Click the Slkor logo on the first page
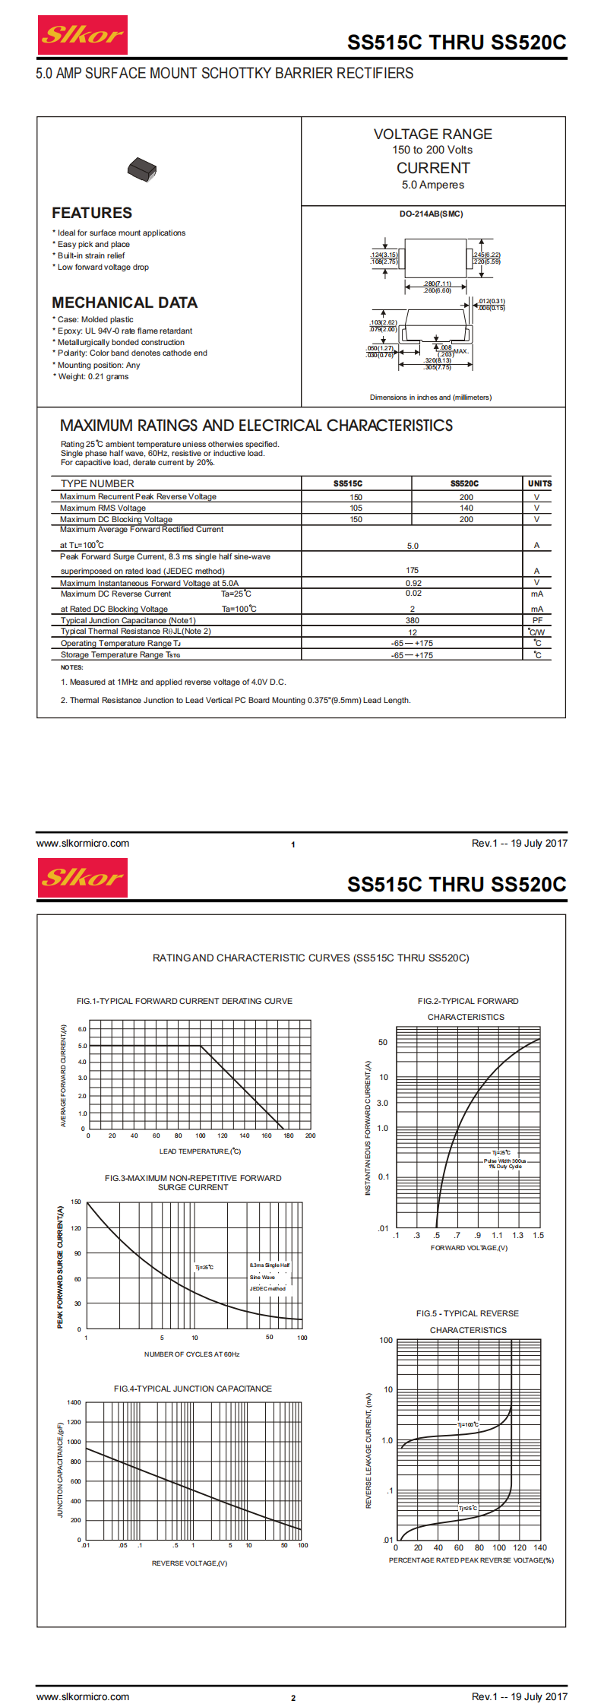click(82, 35)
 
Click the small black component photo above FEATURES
click(142, 169)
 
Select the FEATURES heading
click(92, 213)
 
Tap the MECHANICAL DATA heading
click(125, 302)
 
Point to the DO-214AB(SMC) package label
click(431, 214)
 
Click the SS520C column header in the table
click(464, 483)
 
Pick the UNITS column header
click(539, 483)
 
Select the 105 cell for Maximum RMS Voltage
click(356, 508)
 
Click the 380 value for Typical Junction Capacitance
click(413, 620)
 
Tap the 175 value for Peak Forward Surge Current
click(413, 570)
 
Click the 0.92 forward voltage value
click(413, 583)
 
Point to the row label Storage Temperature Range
click(120, 654)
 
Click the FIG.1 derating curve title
click(184, 1001)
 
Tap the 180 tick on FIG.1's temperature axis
click(289, 1135)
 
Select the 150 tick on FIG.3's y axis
click(76, 1202)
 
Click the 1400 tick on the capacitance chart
click(74, 1402)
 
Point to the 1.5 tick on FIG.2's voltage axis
click(538, 1235)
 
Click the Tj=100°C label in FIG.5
click(468, 1424)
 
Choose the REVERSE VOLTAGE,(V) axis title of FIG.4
click(189, 1563)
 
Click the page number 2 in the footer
click(293, 1698)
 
